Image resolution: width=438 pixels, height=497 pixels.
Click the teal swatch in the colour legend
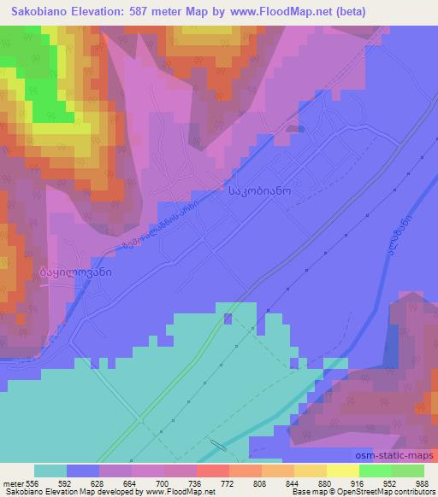[x=51, y=470]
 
